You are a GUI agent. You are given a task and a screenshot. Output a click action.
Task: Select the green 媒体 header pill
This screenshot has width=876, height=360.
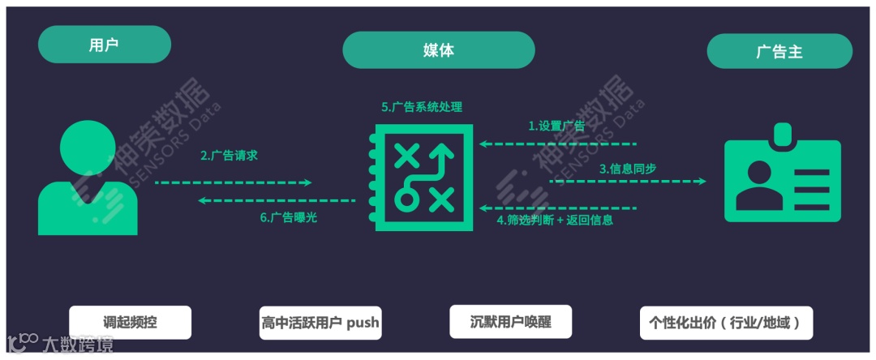pos(438,49)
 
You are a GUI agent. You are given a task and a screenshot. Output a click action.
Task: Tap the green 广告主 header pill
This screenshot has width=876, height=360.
pos(779,51)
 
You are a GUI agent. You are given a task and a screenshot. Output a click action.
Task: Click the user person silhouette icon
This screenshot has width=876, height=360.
pos(88,178)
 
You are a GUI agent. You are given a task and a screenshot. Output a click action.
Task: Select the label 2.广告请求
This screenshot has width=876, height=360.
pos(229,155)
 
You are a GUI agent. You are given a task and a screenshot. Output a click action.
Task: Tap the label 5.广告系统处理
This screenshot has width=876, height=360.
pos(422,107)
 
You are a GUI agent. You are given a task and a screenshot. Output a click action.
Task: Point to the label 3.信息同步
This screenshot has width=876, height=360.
pos(627,169)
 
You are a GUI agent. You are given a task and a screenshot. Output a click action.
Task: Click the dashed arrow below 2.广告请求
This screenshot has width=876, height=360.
pos(234,182)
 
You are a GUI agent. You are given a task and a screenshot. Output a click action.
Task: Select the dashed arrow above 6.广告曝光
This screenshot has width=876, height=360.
pos(277,200)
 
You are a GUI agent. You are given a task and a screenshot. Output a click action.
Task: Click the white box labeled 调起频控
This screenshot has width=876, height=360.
pos(130,322)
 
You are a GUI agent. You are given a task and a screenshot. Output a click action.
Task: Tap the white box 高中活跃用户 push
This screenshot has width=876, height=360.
pos(320,322)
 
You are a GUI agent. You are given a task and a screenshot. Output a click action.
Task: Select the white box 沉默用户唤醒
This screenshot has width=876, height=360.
pos(510,321)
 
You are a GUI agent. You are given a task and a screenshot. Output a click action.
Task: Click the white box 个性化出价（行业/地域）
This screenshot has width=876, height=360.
pos(725,322)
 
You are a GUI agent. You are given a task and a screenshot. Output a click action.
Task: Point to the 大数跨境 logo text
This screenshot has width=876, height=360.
pos(77,343)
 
